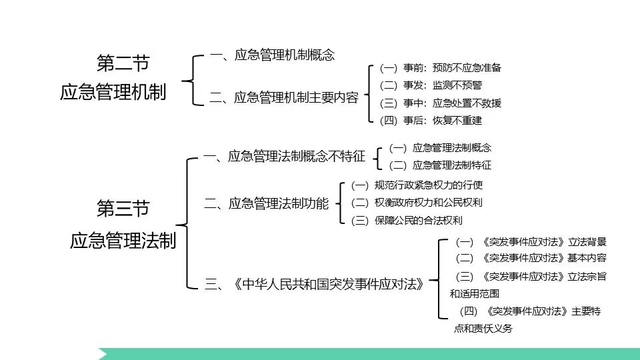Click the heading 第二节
click(123, 64)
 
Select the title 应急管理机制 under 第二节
click(113, 93)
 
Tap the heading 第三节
click(123, 209)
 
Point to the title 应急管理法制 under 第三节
click(123, 240)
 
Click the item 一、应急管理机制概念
click(272, 55)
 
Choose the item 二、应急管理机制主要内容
click(284, 98)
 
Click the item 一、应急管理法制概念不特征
click(285, 157)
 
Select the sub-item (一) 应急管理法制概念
click(440, 148)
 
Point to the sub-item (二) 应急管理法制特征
click(440, 165)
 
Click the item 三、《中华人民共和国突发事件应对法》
click(315, 285)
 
